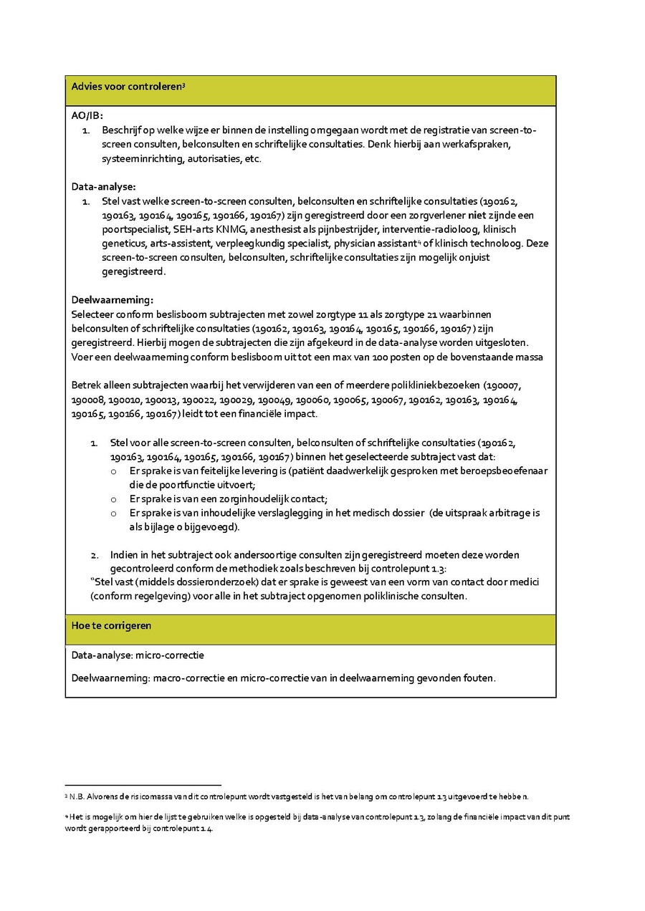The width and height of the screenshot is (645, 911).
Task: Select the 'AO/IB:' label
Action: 87,116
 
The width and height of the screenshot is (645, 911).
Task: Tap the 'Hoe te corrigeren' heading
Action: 111,625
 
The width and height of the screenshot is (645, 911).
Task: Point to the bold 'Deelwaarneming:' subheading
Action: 113,300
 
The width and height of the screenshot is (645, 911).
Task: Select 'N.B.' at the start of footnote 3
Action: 77,796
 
